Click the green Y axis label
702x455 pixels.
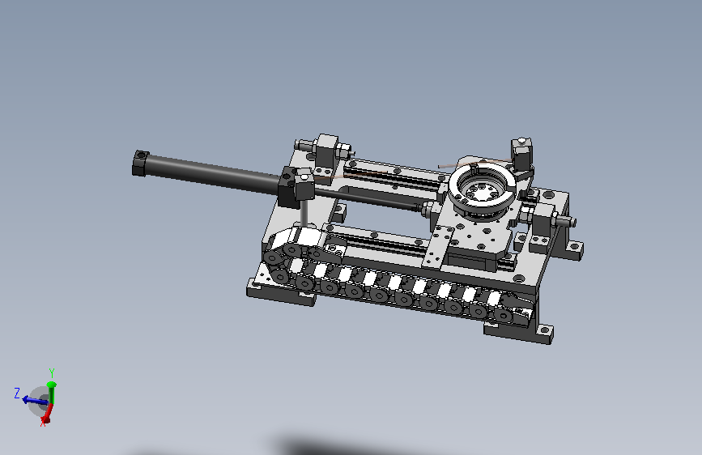point(52,372)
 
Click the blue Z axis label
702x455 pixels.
point(17,393)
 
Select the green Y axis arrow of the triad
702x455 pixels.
point(52,393)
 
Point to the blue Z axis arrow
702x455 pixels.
point(35,400)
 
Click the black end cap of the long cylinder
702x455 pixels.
point(141,164)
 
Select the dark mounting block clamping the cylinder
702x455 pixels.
point(296,187)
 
